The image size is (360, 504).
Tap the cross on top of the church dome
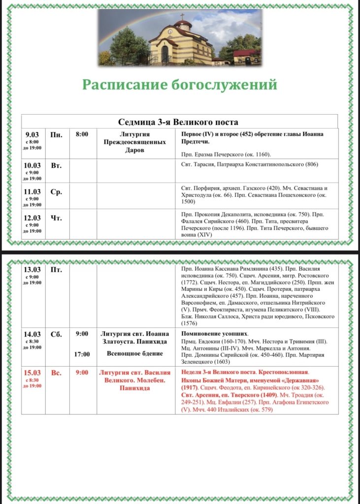point(182,16)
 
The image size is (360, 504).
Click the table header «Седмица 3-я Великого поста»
point(178,122)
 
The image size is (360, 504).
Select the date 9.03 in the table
point(33,134)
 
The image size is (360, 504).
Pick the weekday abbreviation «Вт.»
point(56,165)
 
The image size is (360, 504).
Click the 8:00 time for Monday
point(82,134)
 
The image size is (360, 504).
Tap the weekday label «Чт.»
point(56,218)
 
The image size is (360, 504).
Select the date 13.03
point(33,270)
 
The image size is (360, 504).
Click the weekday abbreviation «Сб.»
point(56,335)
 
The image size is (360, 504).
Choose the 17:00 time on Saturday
point(82,354)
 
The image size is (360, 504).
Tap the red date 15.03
point(33,373)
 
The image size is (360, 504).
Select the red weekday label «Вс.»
point(56,373)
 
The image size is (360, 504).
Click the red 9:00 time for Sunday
point(82,373)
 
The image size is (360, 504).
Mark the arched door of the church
point(164,53)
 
